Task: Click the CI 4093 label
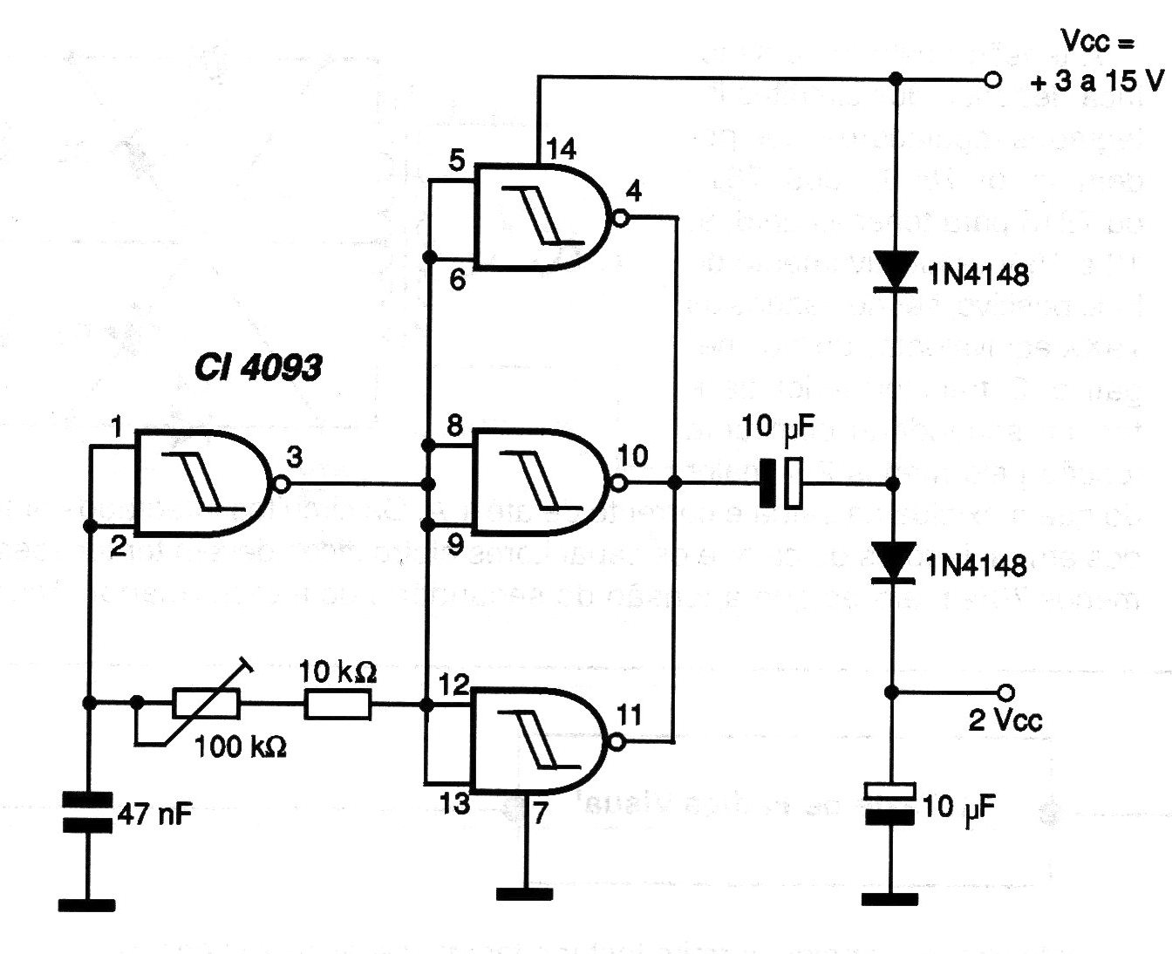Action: click(257, 368)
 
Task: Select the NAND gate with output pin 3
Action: click(205, 485)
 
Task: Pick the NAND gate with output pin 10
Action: click(541, 482)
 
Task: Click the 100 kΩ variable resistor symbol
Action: click(207, 703)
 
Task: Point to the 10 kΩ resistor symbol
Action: click(338, 704)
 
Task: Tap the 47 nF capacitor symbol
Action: click(88, 811)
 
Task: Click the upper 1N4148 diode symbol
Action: click(892, 269)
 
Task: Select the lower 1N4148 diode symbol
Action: click(892, 561)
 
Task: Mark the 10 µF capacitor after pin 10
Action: click(780, 483)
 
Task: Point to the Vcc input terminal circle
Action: click(991, 80)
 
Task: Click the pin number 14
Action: click(562, 149)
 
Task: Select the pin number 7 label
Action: click(541, 814)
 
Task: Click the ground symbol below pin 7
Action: click(524, 893)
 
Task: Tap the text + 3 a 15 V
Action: click(1097, 82)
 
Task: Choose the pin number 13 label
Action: click(455, 804)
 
